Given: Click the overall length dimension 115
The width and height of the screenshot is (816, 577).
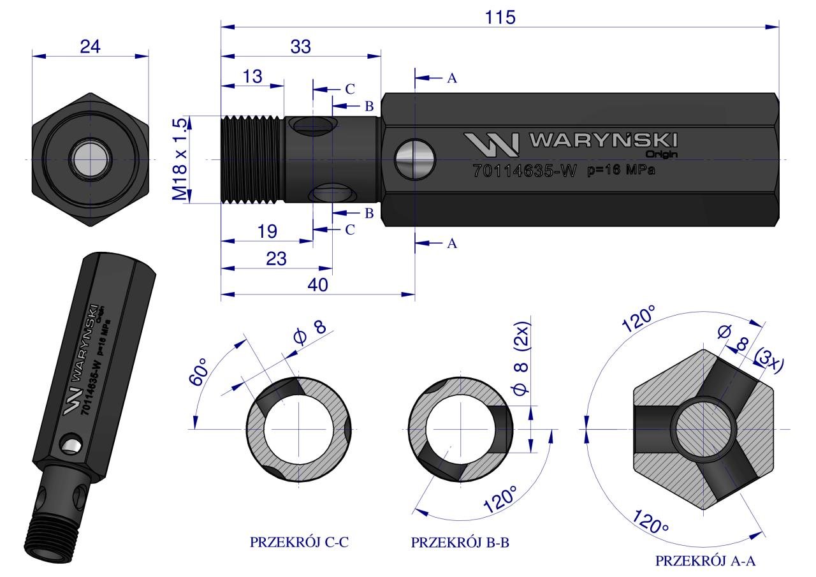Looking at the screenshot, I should (x=499, y=17).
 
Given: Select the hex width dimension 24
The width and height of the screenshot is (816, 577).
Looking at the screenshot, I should (x=90, y=46).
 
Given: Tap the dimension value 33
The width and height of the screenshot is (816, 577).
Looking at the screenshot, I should (x=300, y=46).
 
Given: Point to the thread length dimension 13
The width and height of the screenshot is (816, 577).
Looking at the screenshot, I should (x=252, y=77).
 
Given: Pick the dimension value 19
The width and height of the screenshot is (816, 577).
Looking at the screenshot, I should (x=267, y=231).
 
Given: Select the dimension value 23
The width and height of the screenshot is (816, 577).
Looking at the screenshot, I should (x=276, y=259).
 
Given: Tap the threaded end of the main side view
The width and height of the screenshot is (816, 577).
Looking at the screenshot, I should (x=252, y=159).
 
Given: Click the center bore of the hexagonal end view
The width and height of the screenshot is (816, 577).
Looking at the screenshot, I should (x=91, y=159).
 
